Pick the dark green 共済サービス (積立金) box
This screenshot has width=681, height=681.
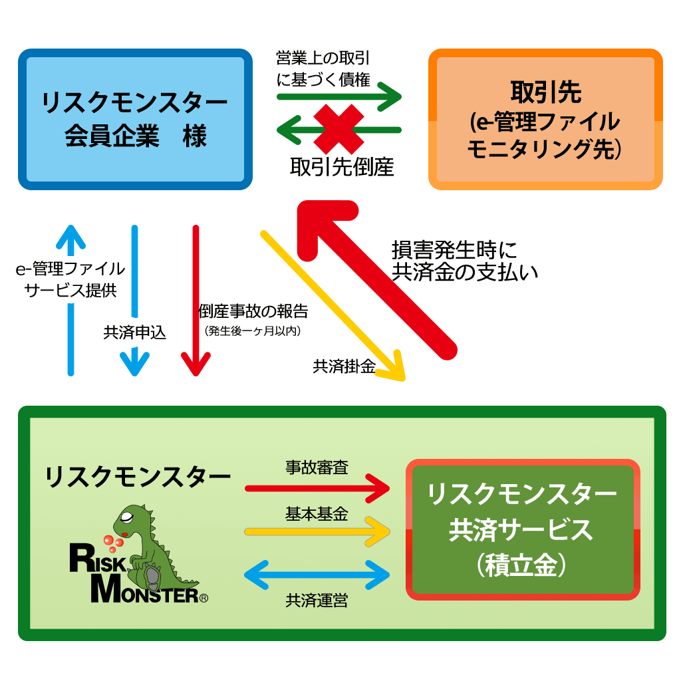523,529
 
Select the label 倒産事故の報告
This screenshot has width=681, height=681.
253,311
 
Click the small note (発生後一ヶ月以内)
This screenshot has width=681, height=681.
253,330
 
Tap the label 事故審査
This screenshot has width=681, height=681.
317,468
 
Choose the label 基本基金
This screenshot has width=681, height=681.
317,513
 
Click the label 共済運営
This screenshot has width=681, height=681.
317,601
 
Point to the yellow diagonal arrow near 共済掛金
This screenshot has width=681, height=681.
333,306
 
